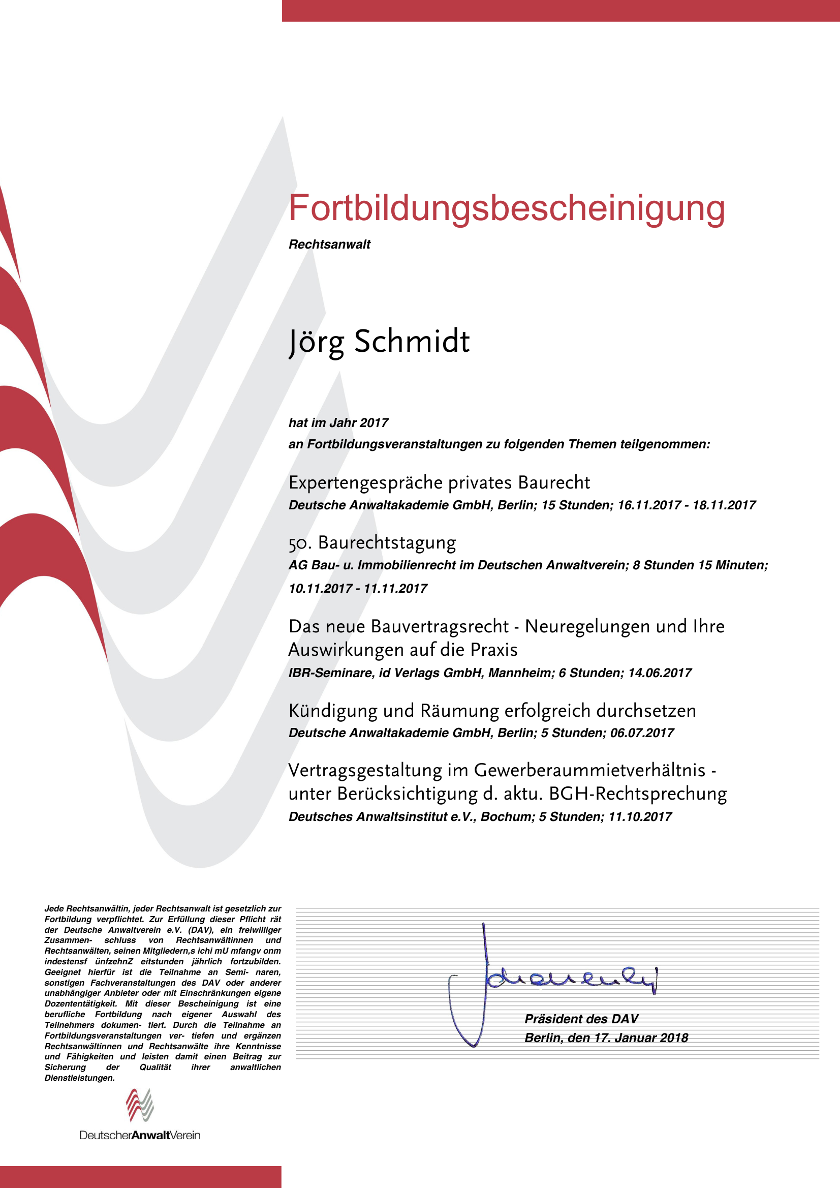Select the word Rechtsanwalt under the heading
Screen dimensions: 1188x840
(x=329, y=244)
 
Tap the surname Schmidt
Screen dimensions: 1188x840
(x=412, y=342)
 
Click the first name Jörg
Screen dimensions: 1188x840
(x=316, y=342)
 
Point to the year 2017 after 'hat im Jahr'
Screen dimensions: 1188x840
(x=374, y=423)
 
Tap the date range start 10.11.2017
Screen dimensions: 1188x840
(x=320, y=588)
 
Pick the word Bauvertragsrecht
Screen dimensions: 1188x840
(x=440, y=627)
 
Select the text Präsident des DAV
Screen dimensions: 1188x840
(x=581, y=1019)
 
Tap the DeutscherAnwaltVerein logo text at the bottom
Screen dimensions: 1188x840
(x=140, y=1135)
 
